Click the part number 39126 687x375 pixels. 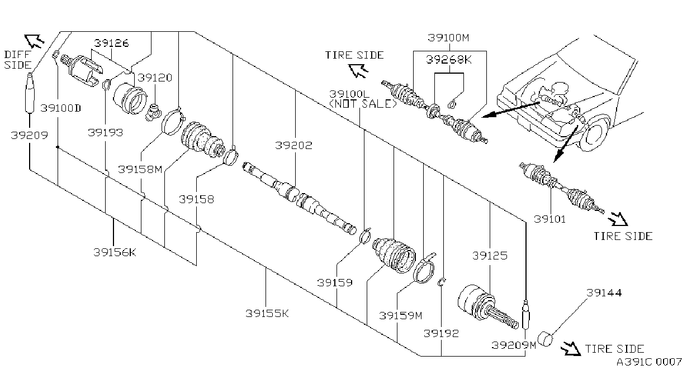(x=111, y=43)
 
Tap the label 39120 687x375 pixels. (x=155, y=78)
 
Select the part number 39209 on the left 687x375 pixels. (x=30, y=135)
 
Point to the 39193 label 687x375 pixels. (x=105, y=133)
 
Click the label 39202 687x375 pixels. (x=293, y=145)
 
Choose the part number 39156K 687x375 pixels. (x=115, y=252)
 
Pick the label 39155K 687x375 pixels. (x=267, y=313)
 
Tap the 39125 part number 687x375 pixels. (x=490, y=256)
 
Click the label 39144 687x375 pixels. (x=604, y=292)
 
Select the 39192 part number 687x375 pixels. (x=441, y=333)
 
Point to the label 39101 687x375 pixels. (x=549, y=219)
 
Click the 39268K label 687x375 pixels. (x=449, y=60)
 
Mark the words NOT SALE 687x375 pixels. (x=363, y=104)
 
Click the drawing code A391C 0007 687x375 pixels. (x=649, y=362)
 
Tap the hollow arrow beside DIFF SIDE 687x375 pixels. (x=34, y=41)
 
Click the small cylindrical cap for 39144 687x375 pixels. (x=545, y=339)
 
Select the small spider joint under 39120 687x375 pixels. (x=153, y=112)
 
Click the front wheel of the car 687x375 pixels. (x=594, y=134)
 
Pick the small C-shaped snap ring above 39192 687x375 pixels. (x=442, y=282)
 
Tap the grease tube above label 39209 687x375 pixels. (x=30, y=93)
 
